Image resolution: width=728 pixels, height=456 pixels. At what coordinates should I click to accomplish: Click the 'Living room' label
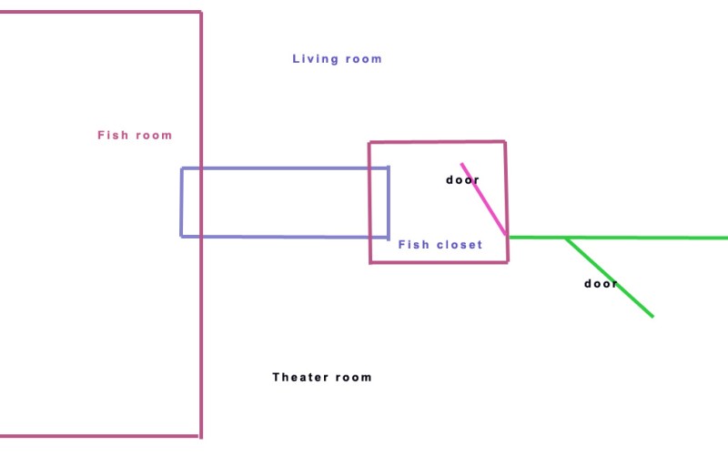[337, 59]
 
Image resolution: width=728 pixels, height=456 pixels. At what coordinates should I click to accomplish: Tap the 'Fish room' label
[135, 135]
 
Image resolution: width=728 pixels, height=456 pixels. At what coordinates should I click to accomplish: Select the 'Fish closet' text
[440, 245]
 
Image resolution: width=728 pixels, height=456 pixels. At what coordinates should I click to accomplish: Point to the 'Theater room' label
[322, 377]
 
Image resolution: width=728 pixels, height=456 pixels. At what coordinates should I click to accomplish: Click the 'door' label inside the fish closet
[462, 179]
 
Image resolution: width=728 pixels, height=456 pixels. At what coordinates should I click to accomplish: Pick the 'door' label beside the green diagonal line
[601, 284]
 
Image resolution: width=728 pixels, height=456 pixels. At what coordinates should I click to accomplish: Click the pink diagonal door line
[483, 199]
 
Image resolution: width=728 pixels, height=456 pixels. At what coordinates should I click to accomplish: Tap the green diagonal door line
[610, 278]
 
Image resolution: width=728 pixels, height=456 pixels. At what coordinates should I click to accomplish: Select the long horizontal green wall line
[619, 238]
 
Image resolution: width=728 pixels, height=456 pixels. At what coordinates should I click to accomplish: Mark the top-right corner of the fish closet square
[505, 142]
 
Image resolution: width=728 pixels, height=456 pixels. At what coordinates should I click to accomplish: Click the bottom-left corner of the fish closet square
[370, 263]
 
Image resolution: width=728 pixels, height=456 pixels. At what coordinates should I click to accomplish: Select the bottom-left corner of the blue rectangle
[181, 237]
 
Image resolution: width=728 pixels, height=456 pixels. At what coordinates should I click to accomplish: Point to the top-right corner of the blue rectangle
[389, 167]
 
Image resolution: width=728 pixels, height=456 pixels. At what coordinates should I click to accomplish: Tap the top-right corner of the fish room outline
[201, 12]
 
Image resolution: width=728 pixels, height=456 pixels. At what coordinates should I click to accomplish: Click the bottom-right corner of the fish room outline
[200, 436]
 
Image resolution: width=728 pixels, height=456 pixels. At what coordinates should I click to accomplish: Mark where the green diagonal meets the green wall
[566, 238]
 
